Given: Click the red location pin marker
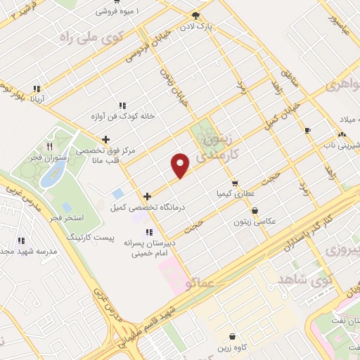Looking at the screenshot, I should (181, 165).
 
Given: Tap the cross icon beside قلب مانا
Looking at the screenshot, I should (105, 139).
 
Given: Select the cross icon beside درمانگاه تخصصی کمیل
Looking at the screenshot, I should (146, 197).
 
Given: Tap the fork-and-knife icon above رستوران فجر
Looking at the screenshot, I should (49, 147).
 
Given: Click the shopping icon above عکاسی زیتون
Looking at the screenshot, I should (254, 210).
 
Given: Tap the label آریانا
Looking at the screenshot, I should (41, 99).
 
